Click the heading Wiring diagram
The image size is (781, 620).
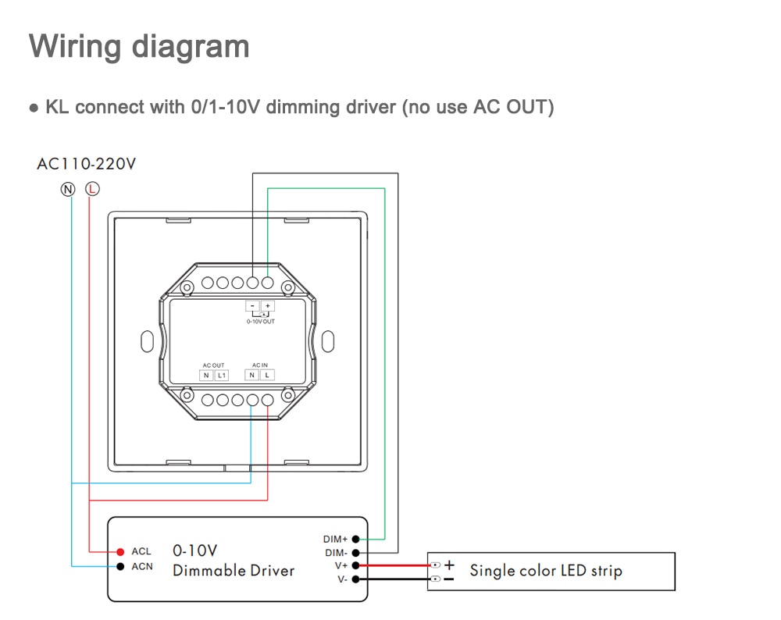click(139, 46)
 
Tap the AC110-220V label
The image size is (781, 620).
click(87, 164)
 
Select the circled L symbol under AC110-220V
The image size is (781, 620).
click(92, 188)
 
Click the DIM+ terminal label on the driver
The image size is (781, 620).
click(335, 539)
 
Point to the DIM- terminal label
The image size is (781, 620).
click(335, 552)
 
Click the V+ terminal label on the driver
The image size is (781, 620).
click(341, 565)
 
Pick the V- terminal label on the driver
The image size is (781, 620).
click(341, 579)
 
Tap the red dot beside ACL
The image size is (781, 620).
click(120, 552)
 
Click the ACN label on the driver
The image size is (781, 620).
click(142, 566)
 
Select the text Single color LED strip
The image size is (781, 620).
click(545, 571)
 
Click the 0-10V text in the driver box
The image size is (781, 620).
click(194, 551)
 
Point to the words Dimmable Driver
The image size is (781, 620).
click(234, 571)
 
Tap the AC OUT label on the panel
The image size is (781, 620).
click(213, 365)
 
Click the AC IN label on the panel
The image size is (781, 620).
click(260, 365)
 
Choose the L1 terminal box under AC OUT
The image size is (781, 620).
click(221, 376)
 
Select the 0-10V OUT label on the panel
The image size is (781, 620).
click(260, 321)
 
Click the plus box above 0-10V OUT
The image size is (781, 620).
click(268, 306)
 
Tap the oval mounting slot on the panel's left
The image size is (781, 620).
click(146, 341)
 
